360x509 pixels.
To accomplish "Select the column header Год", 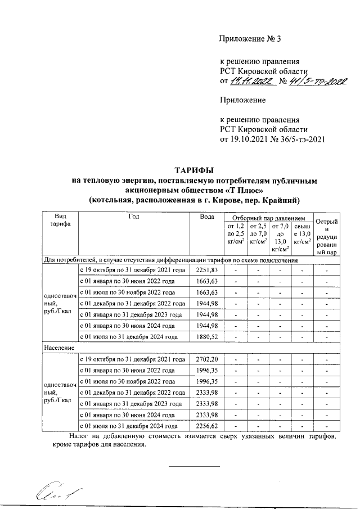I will click(x=133, y=217).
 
